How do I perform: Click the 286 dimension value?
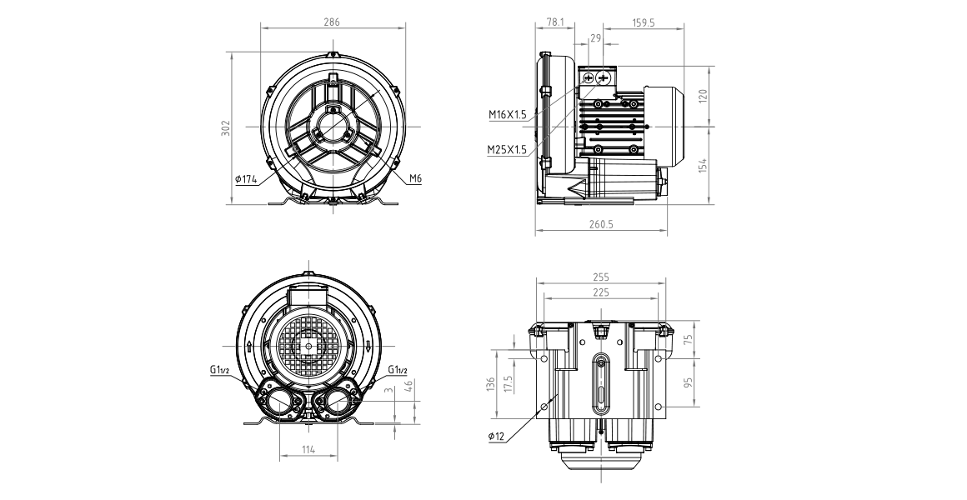point(332,22)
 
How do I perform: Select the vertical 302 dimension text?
point(225,127)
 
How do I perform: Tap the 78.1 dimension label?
point(556,22)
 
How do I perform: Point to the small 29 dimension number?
point(595,37)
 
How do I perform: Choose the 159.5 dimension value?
point(644,22)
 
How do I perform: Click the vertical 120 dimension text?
point(703,96)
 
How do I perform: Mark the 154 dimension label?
point(703,164)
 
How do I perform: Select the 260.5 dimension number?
point(600,224)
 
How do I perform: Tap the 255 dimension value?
point(600,277)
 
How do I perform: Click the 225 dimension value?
point(600,292)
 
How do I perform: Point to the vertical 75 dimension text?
point(689,339)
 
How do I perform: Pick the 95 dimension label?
point(689,382)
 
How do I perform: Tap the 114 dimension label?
point(308,450)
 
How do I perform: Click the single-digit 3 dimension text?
point(388,390)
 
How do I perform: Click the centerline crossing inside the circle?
point(333,127)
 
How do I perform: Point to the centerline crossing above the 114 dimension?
point(308,344)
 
